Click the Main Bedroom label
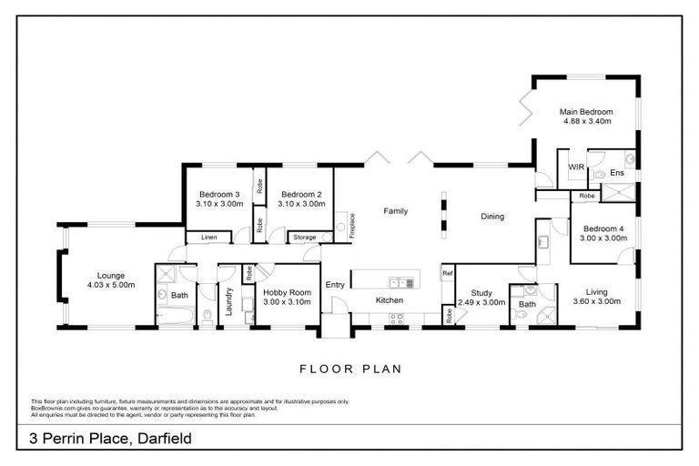(585, 111)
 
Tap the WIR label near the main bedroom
(575, 167)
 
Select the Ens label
(616, 172)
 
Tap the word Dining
(492, 217)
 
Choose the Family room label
(394, 210)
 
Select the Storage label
(304, 238)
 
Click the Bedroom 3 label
(218, 194)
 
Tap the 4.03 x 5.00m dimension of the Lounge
(113, 285)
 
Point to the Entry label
(335, 285)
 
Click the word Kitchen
(390, 299)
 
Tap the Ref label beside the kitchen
(447, 273)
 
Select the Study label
(481, 292)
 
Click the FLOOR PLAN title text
(350, 370)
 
